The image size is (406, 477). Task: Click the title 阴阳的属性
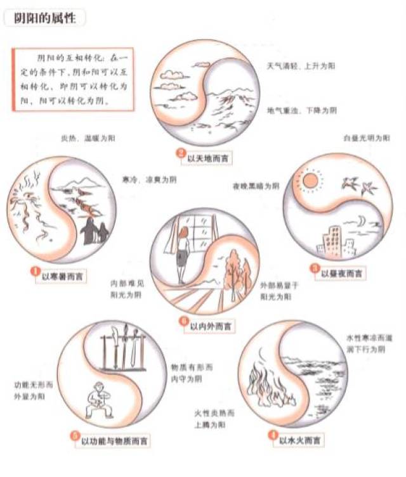[x=44, y=18]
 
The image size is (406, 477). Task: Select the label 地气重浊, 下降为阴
[x=301, y=110]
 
